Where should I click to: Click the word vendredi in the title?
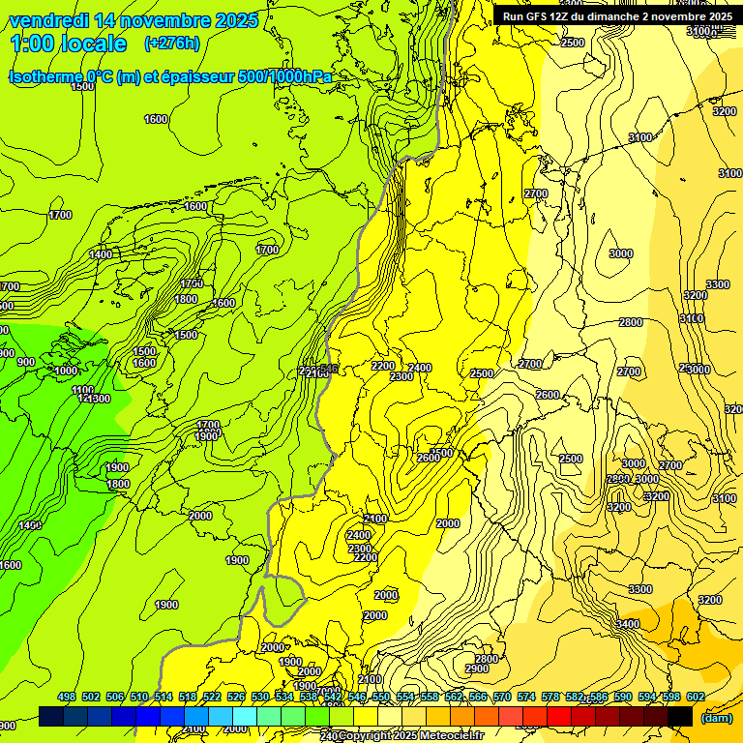(x=49, y=20)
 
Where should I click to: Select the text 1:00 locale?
(x=69, y=44)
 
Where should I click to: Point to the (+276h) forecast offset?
(x=172, y=44)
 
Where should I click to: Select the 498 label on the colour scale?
(x=67, y=697)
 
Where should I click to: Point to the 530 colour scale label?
(x=260, y=697)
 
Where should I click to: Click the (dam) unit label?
(x=717, y=717)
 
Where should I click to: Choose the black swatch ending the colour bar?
(x=680, y=716)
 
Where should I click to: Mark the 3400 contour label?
(x=627, y=625)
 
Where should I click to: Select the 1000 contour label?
(x=66, y=371)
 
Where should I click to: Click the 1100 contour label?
(x=83, y=391)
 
